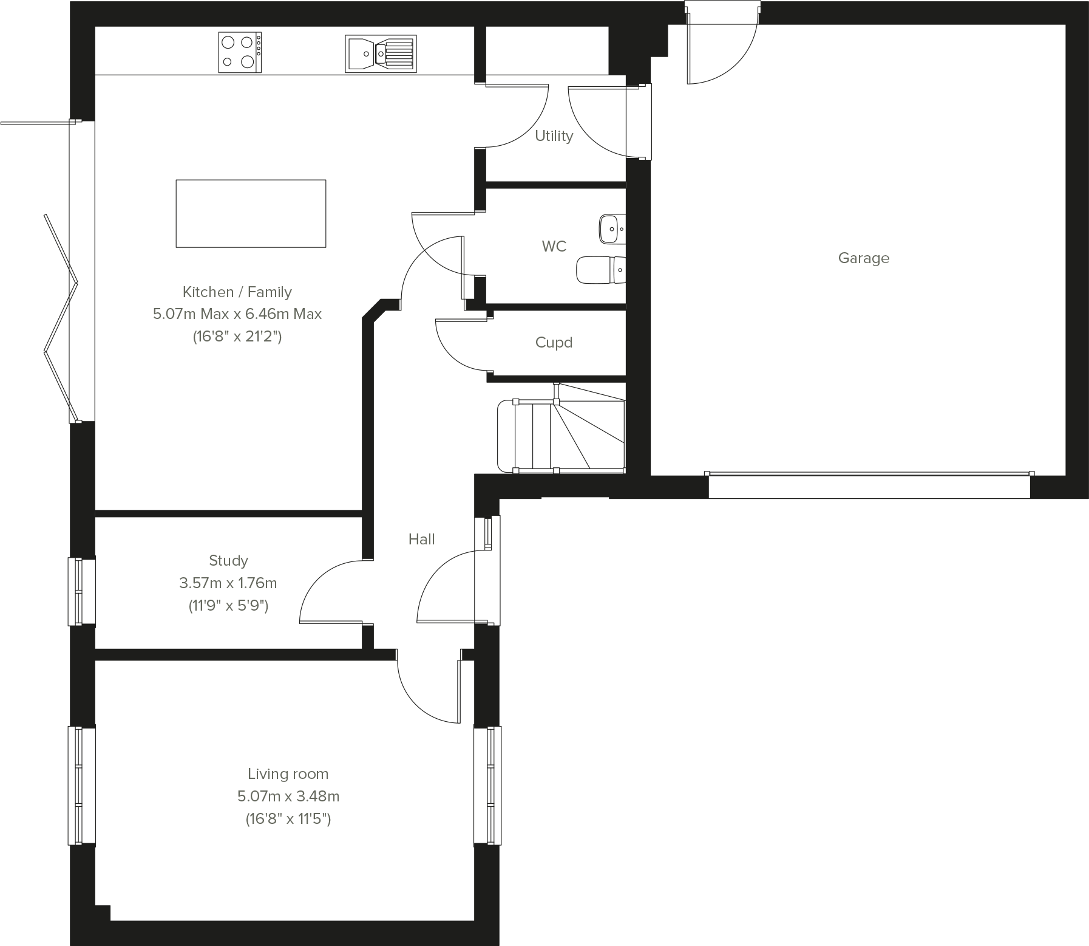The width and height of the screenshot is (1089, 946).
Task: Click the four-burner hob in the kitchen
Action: pyautogui.click(x=240, y=52)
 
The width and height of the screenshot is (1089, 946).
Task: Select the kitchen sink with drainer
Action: pyautogui.click(x=381, y=53)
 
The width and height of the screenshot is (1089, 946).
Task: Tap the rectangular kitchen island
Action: pyautogui.click(x=251, y=213)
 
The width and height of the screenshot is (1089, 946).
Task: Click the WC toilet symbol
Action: pyautogui.click(x=600, y=270)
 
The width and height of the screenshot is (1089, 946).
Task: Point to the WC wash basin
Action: pyautogui.click(x=611, y=229)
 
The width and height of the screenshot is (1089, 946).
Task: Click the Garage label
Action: pyautogui.click(x=863, y=258)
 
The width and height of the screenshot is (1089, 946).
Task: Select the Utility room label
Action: pyautogui.click(x=554, y=136)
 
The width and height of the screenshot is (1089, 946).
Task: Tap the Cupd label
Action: pyautogui.click(x=554, y=343)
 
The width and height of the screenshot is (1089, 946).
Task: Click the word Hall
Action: pyautogui.click(x=421, y=540)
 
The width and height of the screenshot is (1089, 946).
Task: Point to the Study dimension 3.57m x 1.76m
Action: pyautogui.click(x=228, y=583)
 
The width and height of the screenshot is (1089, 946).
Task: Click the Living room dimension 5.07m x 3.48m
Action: pyautogui.click(x=288, y=796)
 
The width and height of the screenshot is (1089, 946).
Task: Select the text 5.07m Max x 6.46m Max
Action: pyautogui.click(x=237, y=314)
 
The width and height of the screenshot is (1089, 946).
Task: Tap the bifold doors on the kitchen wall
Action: pyautogui.click(x=61, y=316)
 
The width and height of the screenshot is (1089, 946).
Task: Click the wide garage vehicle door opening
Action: pyautogui.click(x=869, y=486)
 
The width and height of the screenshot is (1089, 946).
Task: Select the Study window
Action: pyautogui.click(x=81, y=591)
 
